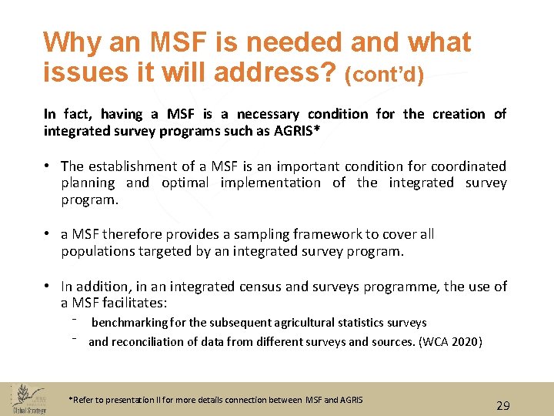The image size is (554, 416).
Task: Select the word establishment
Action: click(137, 166)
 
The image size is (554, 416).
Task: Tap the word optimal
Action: click(185, 183)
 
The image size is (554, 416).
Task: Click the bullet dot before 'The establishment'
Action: click(48, 166)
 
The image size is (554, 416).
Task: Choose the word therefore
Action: click(134, 234)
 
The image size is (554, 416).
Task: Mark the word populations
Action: click(98, 251)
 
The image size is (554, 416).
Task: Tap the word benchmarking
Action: click(131, 323)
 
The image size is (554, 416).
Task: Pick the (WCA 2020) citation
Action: click(450, 341)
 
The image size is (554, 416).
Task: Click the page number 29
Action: click(503, 405)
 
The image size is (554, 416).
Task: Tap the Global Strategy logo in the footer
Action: click(29, 398)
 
